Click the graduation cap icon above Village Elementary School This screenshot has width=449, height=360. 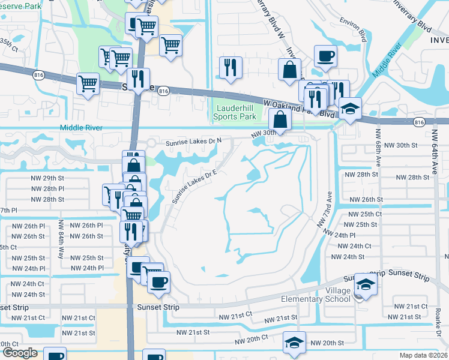(366, 284)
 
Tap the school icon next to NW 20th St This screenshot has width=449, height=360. (294, 342)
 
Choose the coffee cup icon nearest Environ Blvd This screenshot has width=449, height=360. (325, 56)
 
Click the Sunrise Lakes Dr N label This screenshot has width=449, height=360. (198, 142)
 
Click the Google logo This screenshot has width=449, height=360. (20, 352)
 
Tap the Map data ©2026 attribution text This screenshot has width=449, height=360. (423, 355)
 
